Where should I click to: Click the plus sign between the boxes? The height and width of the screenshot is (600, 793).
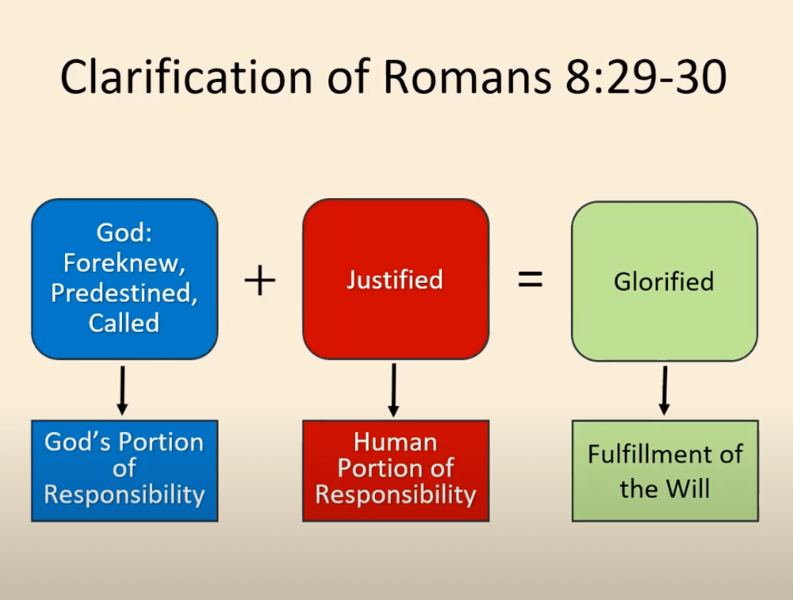click(x=259, y=281)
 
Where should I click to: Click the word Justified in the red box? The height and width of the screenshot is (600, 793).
click(x=395, y=280)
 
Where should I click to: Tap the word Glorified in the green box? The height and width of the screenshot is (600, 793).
click(x=664, y=281)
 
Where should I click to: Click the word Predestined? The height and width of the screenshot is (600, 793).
click(x=124, y=293)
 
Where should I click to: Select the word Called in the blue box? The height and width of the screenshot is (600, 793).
click(x=124, y=322)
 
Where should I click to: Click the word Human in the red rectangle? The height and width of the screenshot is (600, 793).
click(x=395, y=442)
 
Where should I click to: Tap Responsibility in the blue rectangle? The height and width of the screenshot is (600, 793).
click(x=124, y=495)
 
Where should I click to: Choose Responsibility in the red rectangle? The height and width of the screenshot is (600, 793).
click(x=395, y=495)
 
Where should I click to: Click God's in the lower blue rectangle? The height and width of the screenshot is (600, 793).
click(x=79, y=442)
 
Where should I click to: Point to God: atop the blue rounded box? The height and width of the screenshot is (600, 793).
click(x=124, y=233)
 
